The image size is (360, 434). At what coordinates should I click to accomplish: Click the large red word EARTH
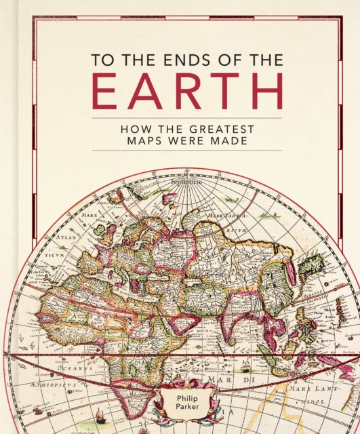pyautogui.click(x=187, y=92)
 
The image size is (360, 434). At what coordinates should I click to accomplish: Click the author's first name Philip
pyautogui.click(x=186, y=396)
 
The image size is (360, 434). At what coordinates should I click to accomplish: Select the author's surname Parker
pyautogui.click(x=186, y=406)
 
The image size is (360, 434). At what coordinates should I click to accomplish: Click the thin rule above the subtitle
pyautogui.click(x=186, y=118)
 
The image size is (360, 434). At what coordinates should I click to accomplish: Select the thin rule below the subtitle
pyautogui.click(x=186, y=150)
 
